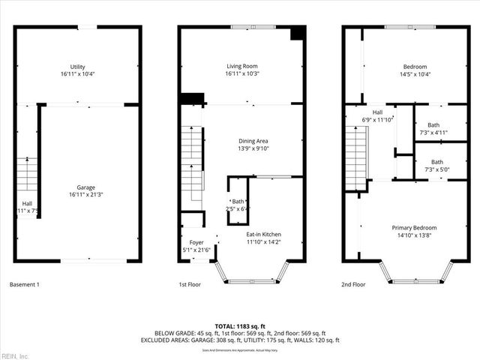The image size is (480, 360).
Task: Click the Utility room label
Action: click(x=77, y=67)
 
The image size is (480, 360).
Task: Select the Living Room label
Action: click(x=241, y=67)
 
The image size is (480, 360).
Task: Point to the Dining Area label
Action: click(x=253, y=141)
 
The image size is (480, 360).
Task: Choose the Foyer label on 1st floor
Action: click(x=196, y=242)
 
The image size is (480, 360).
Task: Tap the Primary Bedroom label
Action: click(x=414, y=227)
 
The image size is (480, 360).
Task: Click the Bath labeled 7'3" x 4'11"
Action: click(x=434, y=125)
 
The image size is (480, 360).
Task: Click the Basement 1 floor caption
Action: click(x=25, y=284)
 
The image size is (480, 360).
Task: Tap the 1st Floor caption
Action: click(x=190, y=284)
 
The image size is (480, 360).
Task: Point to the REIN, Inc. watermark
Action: click(x=15, y=355)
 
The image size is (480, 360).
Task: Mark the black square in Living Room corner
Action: click(x=297, y=34)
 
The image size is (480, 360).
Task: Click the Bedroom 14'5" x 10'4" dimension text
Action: click(x=414, y=74)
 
